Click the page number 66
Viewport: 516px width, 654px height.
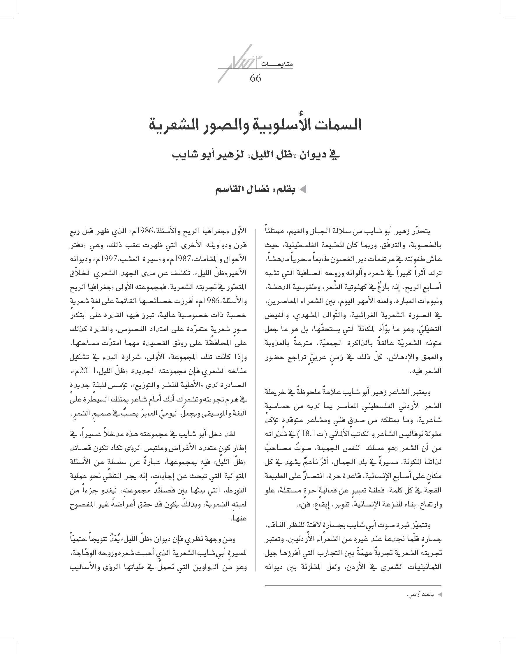pyautogui.click(x=255, y=78)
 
